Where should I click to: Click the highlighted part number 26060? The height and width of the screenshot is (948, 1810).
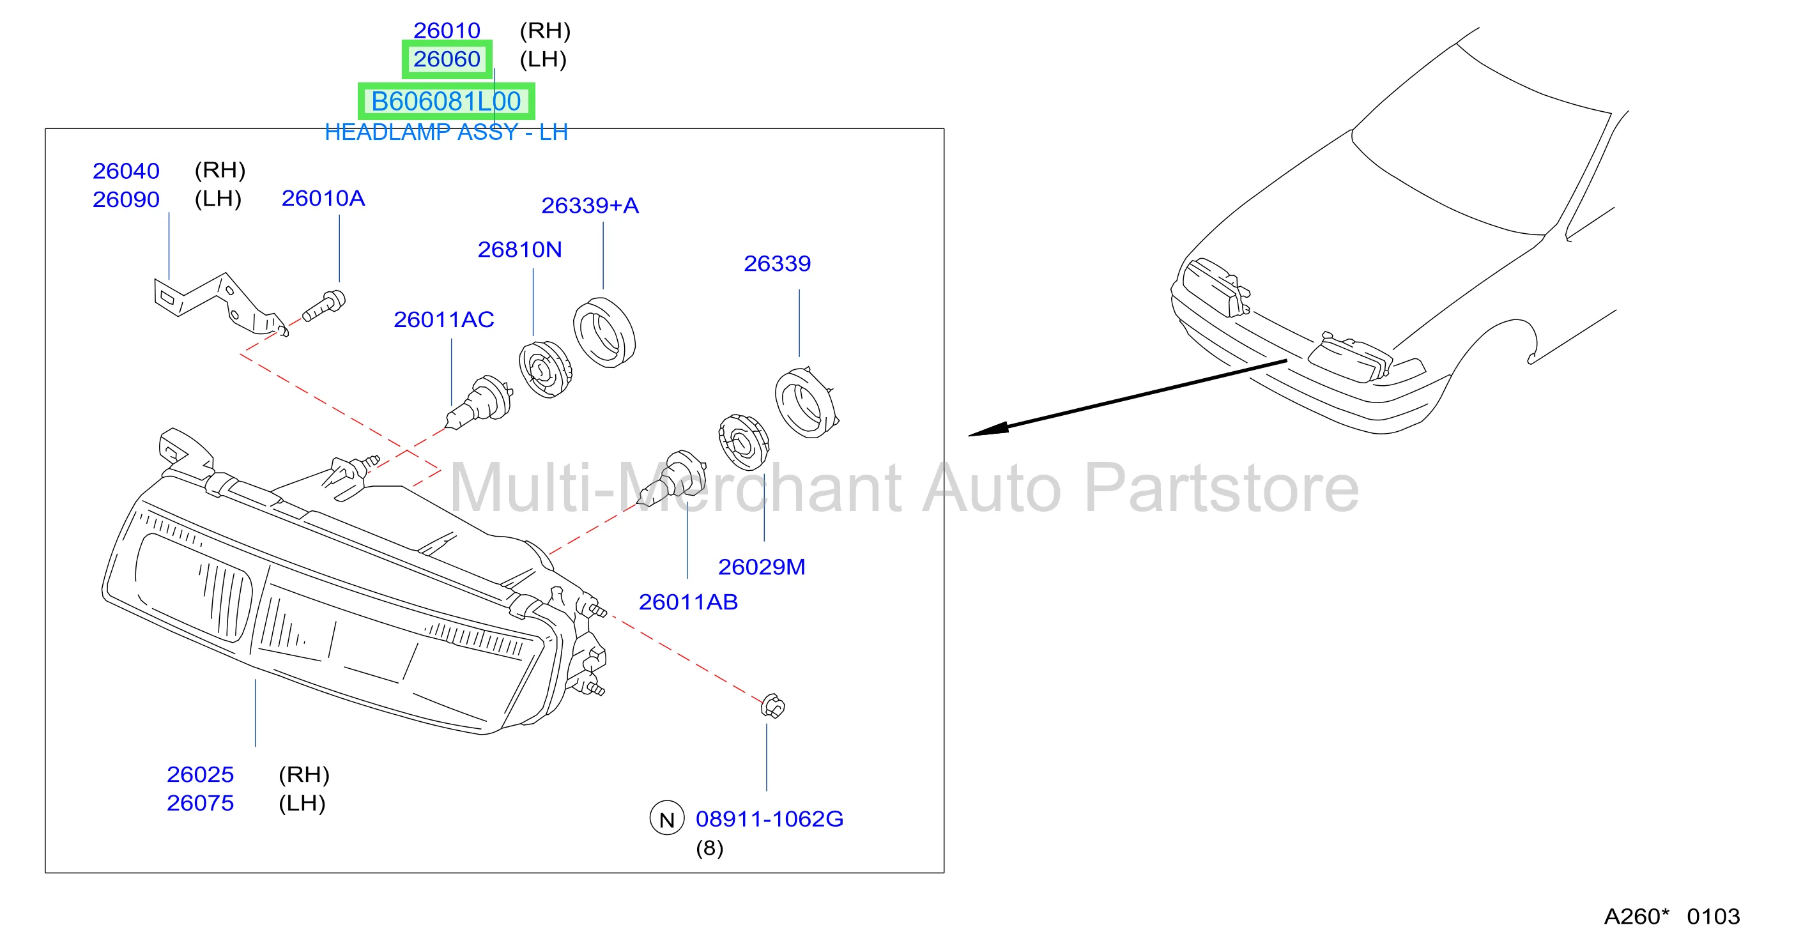tap(446, 59)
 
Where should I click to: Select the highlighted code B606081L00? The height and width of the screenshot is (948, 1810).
tap(446, 101)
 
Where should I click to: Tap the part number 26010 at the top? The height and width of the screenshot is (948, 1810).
tap(446, 30)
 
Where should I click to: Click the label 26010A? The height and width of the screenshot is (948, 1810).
tap(323, 198)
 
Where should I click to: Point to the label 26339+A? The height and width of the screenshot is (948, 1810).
tap(590, 205)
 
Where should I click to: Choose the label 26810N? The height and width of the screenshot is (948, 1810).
tap(519, 250)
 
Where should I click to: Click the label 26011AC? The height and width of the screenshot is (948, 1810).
tap(443, 320)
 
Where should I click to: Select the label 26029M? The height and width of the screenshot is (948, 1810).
tap(761, 567)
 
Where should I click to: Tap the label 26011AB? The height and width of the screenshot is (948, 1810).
tap(688, 602)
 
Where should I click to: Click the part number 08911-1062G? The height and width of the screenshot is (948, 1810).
tap(769, 819)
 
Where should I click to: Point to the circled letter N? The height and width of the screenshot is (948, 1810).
tap(667, 819)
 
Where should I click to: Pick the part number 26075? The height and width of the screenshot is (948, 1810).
tap(199, 803)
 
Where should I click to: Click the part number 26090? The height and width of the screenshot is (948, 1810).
tap(126, 199)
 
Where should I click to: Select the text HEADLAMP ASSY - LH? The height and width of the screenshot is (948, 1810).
tap(446, 132)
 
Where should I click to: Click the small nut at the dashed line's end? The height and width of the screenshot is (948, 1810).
tap(773, 707)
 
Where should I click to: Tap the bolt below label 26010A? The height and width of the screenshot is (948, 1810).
tap(324, 307)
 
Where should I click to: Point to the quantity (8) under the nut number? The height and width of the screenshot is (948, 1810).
tap(710, 848)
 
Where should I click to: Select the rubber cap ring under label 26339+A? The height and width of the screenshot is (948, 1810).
tap(604, 332)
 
